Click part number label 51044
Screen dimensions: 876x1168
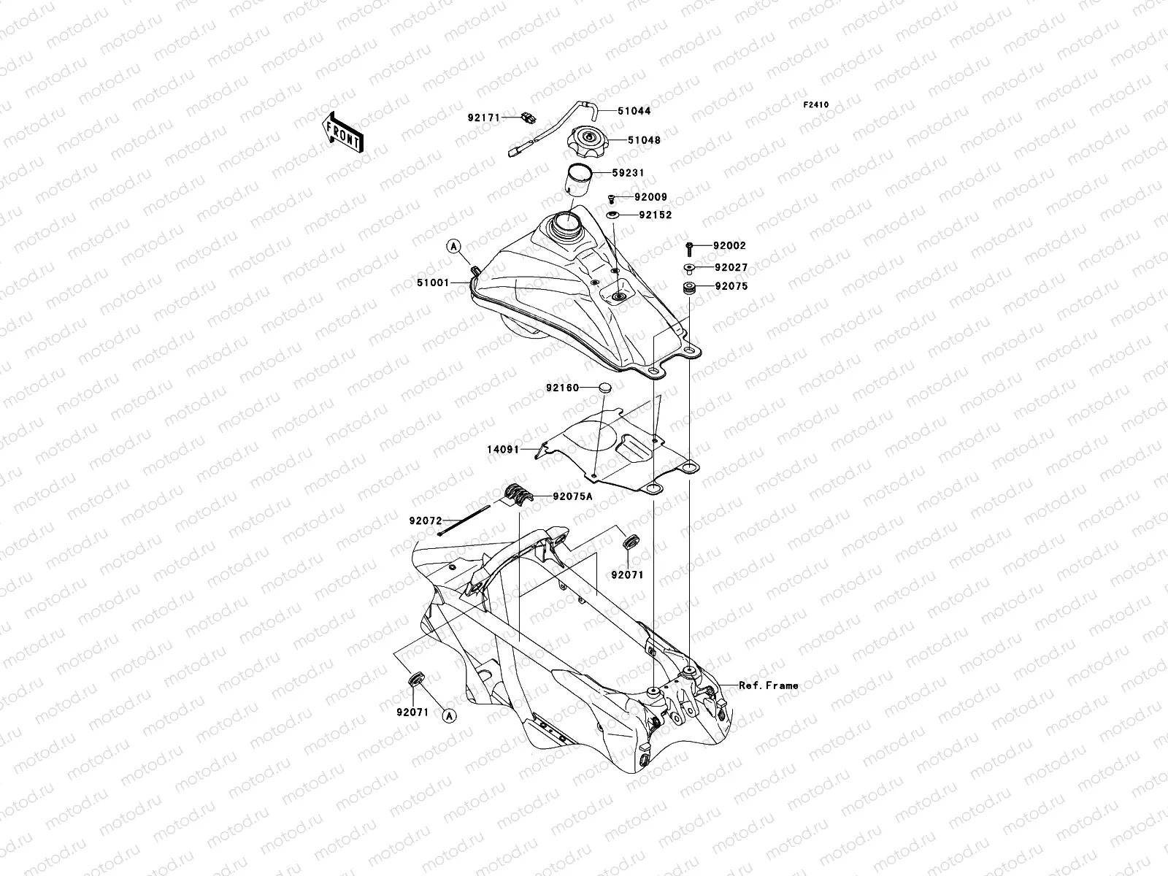634,111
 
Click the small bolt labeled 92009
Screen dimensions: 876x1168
610,198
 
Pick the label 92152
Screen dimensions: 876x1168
655,215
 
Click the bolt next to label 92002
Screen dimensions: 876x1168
689,247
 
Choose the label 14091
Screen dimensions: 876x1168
502,450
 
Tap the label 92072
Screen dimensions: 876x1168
426,520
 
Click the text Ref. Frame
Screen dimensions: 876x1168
768,685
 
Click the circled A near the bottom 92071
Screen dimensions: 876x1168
449,717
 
